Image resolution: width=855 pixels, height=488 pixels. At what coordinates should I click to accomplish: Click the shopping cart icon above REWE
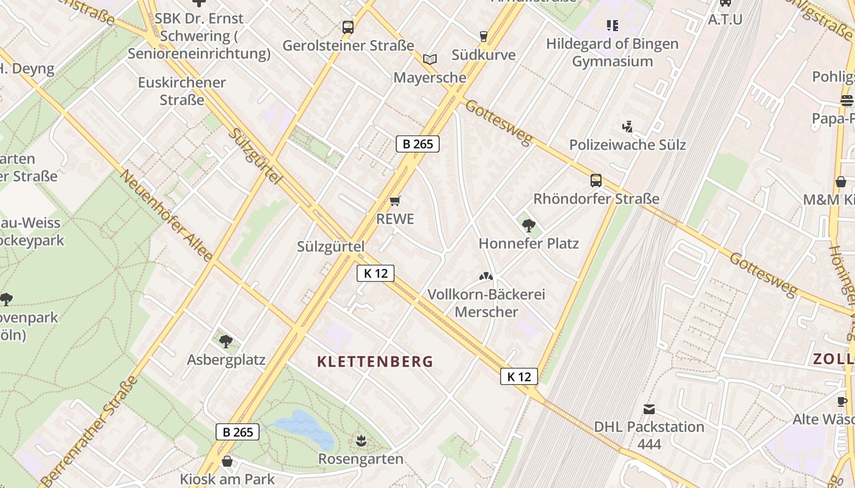click(395, 201)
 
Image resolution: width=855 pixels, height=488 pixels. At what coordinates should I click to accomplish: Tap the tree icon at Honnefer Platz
click(528, 226)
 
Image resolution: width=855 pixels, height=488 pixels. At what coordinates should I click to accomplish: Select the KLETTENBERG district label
click(375, 362)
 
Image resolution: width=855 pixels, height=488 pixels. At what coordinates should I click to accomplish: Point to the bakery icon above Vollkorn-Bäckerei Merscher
click(486, 276)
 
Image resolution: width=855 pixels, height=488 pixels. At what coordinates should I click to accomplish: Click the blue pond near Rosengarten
click(304, 429)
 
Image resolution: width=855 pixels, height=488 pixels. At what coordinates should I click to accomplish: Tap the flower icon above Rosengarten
click(361, 440)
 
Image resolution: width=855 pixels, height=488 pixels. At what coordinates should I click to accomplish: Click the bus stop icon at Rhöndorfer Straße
click(595, 181)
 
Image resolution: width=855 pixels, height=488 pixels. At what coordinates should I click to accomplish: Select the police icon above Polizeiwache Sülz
click(627, 127)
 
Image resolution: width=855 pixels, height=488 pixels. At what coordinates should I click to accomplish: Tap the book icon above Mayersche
click(430, 60)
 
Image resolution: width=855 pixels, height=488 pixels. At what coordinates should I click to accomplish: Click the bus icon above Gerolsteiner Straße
click(347, 27)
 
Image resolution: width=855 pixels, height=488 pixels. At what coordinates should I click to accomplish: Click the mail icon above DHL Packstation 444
click(649, 409)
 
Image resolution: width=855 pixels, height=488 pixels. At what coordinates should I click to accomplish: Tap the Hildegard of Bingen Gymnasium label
click(612, 52)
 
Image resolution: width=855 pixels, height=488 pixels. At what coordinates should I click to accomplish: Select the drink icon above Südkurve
click(483, 37)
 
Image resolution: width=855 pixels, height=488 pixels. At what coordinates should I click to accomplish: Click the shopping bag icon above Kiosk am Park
click(227, 461)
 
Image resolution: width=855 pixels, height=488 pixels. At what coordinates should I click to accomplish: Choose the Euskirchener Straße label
click(182, 91)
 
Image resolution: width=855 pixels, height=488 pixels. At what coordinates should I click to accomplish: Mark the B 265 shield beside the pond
click(238, 432)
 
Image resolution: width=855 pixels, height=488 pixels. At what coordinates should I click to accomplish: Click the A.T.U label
click(725, 20)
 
